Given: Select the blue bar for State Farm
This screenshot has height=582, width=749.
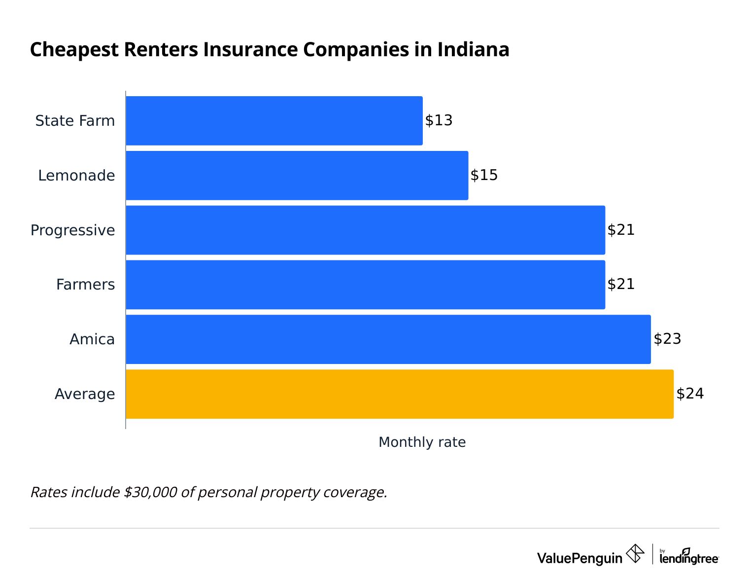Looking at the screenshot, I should click(x=274, y=121).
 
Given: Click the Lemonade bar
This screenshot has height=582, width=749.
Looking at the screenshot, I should click(x=297, y=176).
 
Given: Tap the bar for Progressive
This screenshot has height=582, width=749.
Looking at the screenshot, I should click(x=365, y=230).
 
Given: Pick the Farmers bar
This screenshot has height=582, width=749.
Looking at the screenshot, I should click(x=365, y=285).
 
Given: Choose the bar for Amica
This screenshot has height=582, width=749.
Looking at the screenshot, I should click(x=388, y=339).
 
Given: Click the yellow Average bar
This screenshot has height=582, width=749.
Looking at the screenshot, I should click(x=399, y=394).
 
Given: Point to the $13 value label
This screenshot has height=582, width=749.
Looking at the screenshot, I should click(x=439, y=121).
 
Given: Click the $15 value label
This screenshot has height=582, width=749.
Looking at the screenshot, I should click(x=484, y=176).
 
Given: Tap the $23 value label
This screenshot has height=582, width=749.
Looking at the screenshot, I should click(x=667, y=339).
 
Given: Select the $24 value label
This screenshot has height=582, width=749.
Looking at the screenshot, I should click(x=690, y=394).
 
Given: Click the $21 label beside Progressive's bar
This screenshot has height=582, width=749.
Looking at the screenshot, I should click(x=621, y=230).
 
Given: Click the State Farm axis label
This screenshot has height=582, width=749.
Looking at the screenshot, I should click(x=75, y=121).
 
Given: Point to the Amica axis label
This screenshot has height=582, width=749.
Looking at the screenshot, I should click(x=92, y=339).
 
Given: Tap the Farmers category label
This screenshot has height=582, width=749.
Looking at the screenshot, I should click(x=85, y=285).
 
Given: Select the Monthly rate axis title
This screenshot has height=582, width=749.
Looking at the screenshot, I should click(x=422, y=442).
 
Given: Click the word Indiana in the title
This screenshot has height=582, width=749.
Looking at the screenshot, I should click(x=473, y=50).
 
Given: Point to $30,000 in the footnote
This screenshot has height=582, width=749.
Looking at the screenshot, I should click(x=150, y=492).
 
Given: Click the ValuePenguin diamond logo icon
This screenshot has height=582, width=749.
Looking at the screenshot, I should click(x=635, y=553).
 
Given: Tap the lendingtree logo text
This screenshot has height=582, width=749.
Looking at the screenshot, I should click(x=689, y=559).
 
